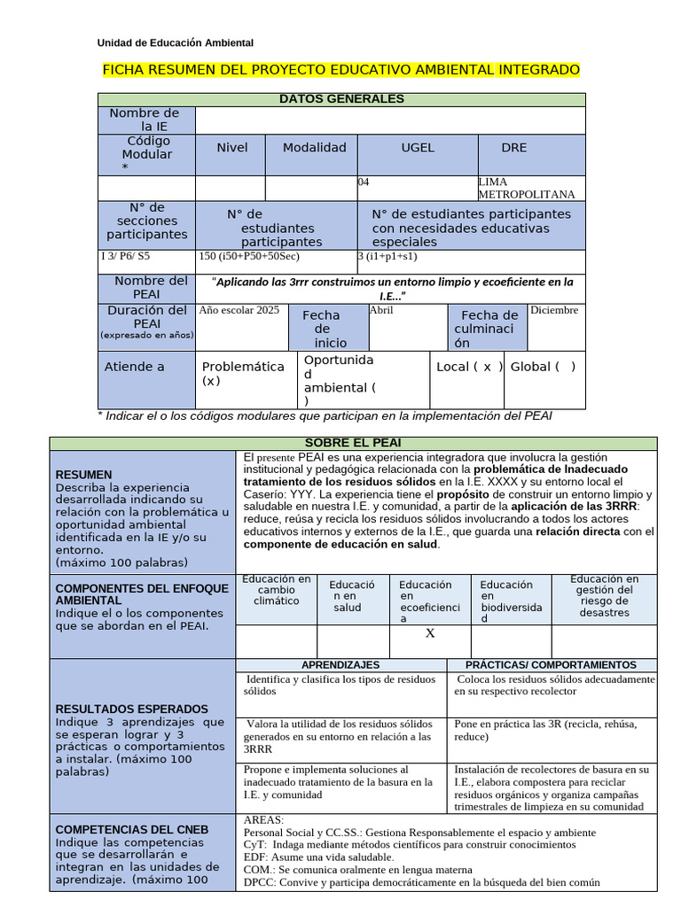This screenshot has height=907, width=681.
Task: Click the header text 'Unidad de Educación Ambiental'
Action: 175,43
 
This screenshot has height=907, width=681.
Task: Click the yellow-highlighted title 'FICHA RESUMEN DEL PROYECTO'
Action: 341,69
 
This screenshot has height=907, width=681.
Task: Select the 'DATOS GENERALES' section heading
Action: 341,99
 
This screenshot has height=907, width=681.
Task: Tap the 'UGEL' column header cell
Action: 418,148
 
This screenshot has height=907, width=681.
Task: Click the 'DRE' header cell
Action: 513,148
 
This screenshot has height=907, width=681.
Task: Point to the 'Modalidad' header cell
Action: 314,148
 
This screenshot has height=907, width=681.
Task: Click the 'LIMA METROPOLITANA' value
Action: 526,188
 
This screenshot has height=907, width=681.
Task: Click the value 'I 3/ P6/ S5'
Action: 126,257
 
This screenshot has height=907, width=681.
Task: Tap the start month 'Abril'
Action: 381,311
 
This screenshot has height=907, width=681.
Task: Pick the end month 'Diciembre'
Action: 554,311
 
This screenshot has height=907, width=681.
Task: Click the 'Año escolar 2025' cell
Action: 239,311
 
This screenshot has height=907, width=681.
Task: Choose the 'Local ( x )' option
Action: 470,367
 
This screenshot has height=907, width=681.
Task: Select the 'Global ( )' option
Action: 543,367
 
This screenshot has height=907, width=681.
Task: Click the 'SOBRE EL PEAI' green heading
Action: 354,443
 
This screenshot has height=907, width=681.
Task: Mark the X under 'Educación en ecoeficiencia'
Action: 430,633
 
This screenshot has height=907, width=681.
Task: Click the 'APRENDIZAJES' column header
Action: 340,665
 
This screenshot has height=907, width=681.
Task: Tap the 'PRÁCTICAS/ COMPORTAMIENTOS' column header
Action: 551,665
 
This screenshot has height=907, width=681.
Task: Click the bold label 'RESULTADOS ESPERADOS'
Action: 132,709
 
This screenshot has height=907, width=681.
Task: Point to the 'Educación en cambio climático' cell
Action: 277,590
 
